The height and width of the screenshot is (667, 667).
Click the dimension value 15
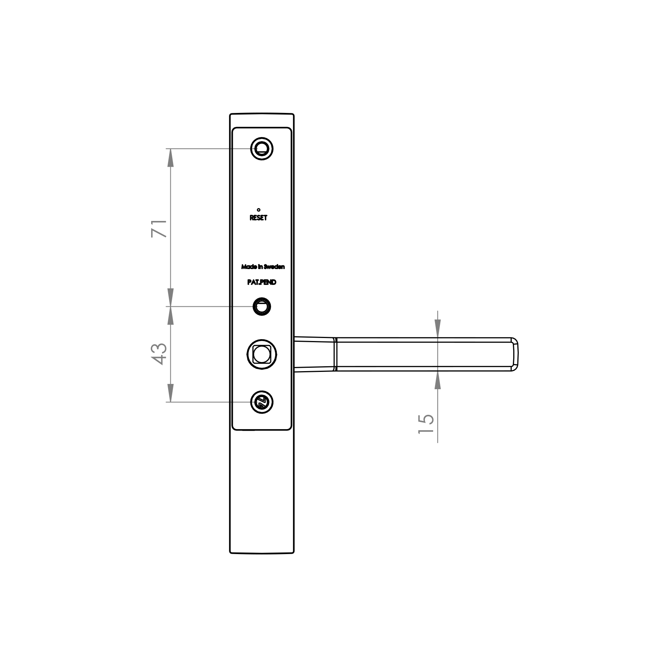click(426, 424)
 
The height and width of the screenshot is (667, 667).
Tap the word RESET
click(258, 218)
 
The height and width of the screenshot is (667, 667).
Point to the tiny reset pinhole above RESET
click(258, 210)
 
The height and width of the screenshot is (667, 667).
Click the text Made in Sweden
click(263, 267)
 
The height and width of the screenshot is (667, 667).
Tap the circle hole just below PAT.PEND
click(262, 306)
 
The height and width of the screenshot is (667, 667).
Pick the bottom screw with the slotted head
click(262, 402)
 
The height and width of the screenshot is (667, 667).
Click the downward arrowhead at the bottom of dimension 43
click(170, 393)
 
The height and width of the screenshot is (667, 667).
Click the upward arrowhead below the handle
click(438, 381)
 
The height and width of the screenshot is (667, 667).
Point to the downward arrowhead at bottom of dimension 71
click(170, 298)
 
